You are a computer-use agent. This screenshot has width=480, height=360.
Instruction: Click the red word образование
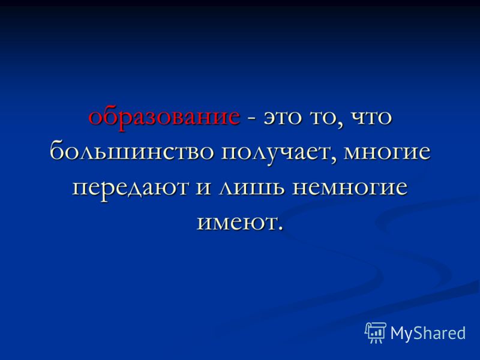click(x=164, y=118)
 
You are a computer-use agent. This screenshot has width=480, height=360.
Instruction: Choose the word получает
click(x=276, y=152)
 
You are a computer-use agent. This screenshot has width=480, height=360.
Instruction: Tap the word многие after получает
click(x=387, y=152)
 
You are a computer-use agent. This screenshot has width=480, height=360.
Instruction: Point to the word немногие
click(x=350, y=187)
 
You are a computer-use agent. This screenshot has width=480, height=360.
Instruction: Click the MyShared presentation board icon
click(x=376, y=332)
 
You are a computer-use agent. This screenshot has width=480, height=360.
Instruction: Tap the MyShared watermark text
click(x=428, y=333)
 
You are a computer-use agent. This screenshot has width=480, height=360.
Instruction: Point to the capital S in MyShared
click(x=418, y=332)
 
